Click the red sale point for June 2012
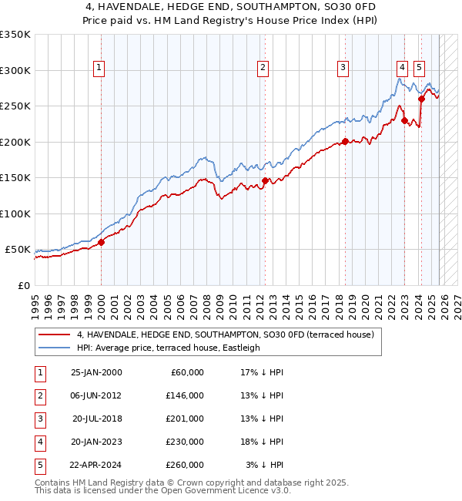pyautogui.click(x=265, y=180)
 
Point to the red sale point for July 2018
pyautogui.click(x=345, y=141)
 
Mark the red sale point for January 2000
pyautogui.click(x=101, y=242)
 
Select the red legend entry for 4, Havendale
pyautogui.click(x=225, y=335)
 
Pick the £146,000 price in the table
pyautogui.click(x=185, y=395)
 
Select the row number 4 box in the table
pyautogui.click(x=39, y=442)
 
